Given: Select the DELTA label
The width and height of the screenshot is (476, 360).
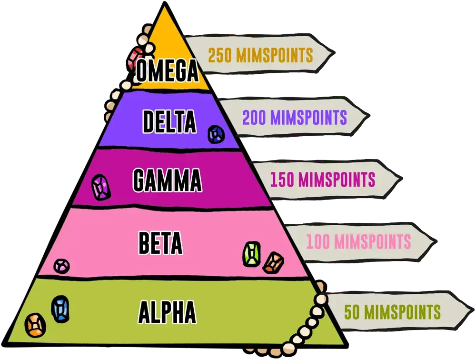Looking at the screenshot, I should [169, 122].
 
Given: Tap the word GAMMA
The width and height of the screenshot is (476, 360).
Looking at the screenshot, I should [167, 181].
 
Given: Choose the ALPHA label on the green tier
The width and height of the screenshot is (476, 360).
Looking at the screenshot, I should [167, 313].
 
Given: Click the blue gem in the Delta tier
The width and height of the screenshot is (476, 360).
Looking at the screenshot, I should [216, 135].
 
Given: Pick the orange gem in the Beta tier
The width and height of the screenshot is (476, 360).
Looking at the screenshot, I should [273, 262].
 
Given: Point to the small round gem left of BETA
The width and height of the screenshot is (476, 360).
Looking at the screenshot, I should [61, 265].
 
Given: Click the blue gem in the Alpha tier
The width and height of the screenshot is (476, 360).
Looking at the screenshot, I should [60, 309].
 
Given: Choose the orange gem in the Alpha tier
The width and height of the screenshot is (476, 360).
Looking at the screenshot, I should [35, 325].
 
